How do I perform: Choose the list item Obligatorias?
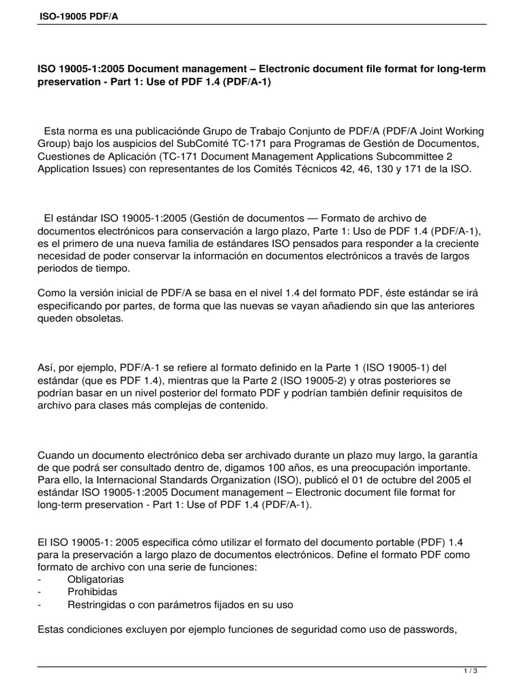pyautogui.click(x=96, y=579)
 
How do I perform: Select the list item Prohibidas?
pyautogui.click(x=92, y=591)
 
